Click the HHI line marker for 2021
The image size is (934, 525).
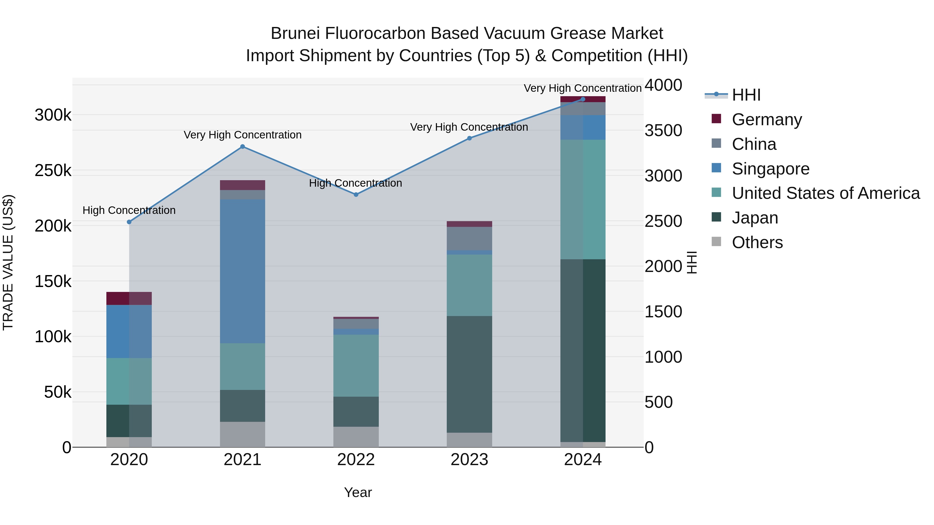243,147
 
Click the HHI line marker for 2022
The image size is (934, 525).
356,194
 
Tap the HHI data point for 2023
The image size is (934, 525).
469,138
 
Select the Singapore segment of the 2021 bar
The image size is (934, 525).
243,271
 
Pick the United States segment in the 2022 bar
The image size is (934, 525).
356,365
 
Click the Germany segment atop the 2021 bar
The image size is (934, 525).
243,185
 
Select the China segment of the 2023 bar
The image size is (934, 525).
469,239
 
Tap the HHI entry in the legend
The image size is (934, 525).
746,95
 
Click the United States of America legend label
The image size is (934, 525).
826,193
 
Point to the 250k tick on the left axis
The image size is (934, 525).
53,171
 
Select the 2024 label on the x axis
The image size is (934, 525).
583,460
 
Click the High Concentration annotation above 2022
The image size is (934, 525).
355,183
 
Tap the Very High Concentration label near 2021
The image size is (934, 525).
243,135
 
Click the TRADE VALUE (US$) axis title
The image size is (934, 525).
8,262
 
